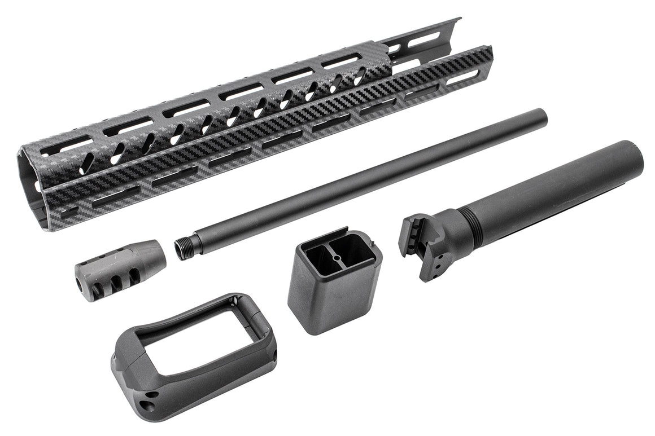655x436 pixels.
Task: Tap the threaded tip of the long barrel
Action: (182, 249)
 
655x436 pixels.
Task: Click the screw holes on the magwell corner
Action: (149, 405)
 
